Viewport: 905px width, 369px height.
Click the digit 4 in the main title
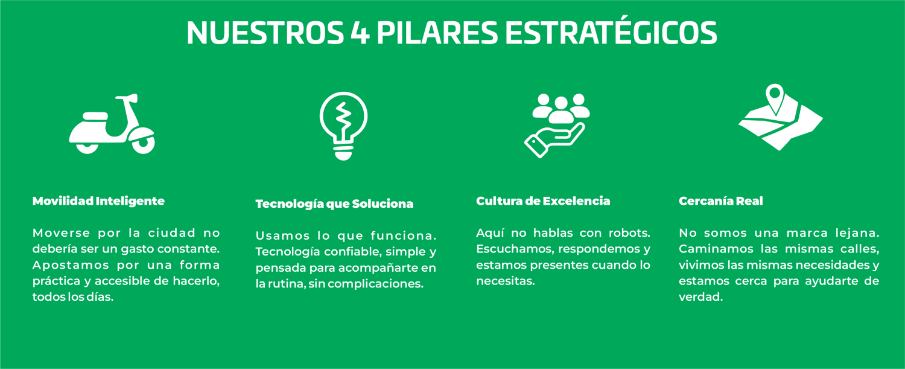pyautogui.click(x=360, y=33)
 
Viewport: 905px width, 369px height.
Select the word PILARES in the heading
pyautogui.click(x=437, y=33)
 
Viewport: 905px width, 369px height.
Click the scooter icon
pyautogui.click(x=112, y=124)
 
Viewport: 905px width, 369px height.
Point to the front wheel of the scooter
pyautogui.click(x=144, y=143)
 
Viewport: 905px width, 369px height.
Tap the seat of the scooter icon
pyautogui.click(x=95, y=117)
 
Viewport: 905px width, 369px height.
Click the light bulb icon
pyautogui.click(x=343, y=126)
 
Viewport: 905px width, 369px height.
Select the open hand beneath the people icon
pyautogui.click(x=554, y=140)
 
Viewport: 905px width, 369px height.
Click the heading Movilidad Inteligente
pyautogui.click(x=98, y=201)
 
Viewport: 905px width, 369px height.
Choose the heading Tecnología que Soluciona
pyautogui.click(x=334, y=204)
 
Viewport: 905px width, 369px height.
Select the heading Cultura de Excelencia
pyautogui.click(x=543, y=201)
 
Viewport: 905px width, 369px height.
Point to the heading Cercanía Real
pyautogui.click(x=721, y=201)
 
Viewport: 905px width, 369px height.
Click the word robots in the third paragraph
pyautogui.click(x=629, y=233)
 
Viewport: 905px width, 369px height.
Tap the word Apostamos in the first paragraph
pyautogui.click(x=71, y=266)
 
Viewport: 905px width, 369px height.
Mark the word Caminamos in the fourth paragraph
pyautogui.click(x=716, y=249)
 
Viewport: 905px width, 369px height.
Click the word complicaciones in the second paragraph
pyautogui.click(x=375, y=284)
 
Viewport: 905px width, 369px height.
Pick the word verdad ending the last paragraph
pyautogui.click(x=700, y=297)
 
